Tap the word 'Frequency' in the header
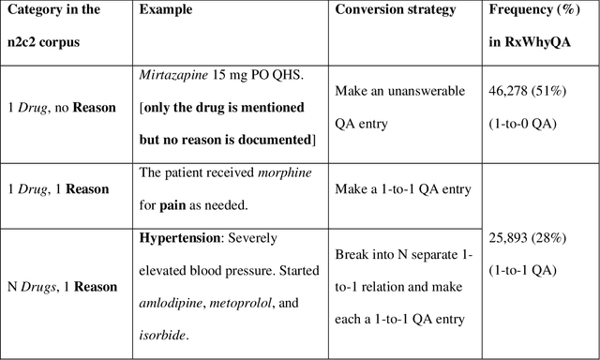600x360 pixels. (x=523, y=9)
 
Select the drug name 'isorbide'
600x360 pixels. (x=162, y=334)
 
